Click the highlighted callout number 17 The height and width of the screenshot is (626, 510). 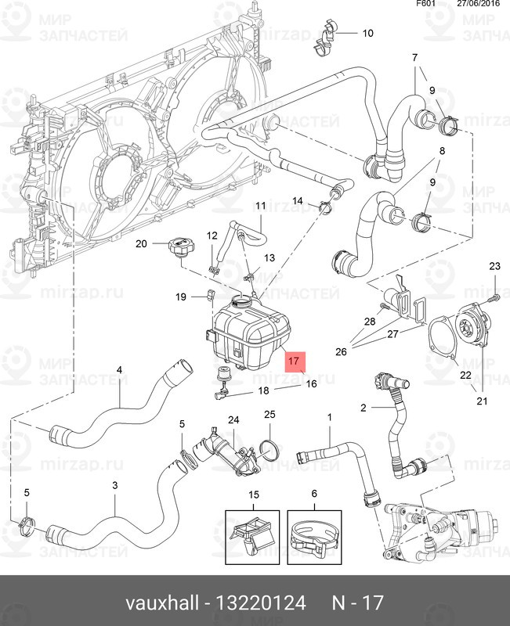click(293, 362)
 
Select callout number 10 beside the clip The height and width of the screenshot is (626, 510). click(367, 34)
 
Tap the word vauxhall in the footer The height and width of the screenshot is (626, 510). click(161, 604)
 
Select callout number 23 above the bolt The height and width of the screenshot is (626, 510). click(494, 268)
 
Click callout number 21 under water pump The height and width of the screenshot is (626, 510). click(481, 401)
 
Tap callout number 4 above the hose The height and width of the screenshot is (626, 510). click(120, 369)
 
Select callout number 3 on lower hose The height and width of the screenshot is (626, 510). click(114, 486)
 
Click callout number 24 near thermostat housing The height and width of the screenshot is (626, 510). click(233, 420)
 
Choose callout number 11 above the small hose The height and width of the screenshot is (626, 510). click(260, 206)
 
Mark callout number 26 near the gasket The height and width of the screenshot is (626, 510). click(341, 352)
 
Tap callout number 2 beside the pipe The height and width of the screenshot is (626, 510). click(364, 408)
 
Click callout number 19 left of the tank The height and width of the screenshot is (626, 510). click(180, 297)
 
